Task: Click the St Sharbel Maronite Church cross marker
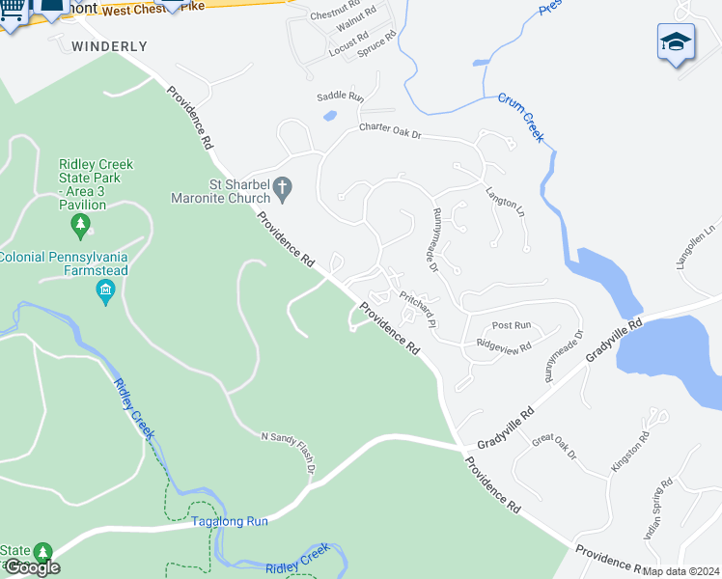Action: [282, 189]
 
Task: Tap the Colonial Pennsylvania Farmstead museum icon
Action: [107, 291]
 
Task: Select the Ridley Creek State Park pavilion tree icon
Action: [81, 226]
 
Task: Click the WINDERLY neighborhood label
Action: [110, 46]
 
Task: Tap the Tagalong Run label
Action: [229, 521]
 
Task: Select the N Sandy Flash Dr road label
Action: [289, 453]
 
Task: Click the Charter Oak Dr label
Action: [390, 129]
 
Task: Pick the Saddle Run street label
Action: [340, 96]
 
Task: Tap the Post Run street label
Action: [512, 326]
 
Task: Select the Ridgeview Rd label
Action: [504, 345]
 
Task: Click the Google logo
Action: [32, 567]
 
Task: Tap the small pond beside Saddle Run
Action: [329, 117]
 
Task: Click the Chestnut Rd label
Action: [334, 16]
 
